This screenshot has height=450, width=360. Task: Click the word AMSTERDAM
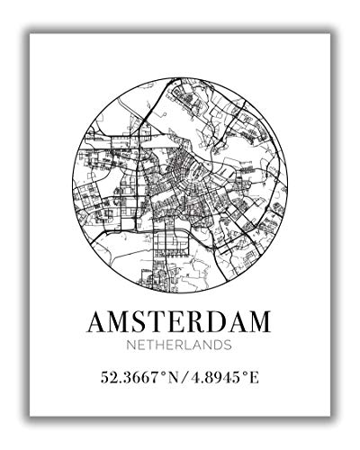(180, 320)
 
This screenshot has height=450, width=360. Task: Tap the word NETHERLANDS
(180, 345)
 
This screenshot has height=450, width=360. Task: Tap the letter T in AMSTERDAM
(158, 320)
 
